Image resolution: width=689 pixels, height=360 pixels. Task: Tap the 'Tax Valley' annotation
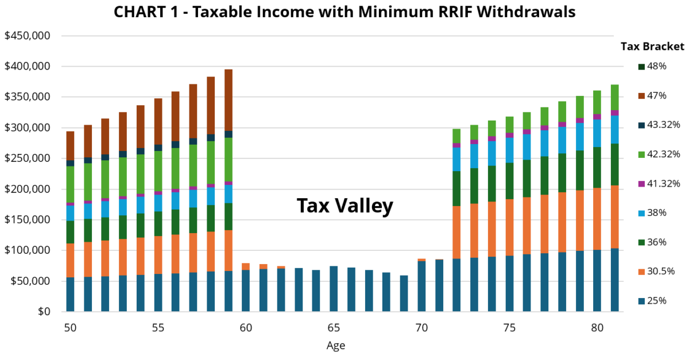[344, 206]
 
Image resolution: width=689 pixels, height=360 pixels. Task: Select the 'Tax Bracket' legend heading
[652, 47]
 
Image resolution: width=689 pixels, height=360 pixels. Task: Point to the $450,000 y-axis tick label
[28, 36]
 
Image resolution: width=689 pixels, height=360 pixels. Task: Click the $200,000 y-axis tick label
[28, 189]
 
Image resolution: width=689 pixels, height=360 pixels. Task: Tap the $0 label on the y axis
[45, 312]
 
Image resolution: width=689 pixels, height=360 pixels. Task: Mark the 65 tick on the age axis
[334, 328]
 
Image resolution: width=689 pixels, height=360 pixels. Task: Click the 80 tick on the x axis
[597, 328]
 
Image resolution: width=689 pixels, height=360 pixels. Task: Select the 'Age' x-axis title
[336, 346]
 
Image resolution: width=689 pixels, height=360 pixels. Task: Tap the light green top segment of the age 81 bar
[614, 97]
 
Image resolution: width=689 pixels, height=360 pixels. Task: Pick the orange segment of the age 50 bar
[71, 260]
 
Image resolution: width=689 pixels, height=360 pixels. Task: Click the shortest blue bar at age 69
[404, 293]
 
